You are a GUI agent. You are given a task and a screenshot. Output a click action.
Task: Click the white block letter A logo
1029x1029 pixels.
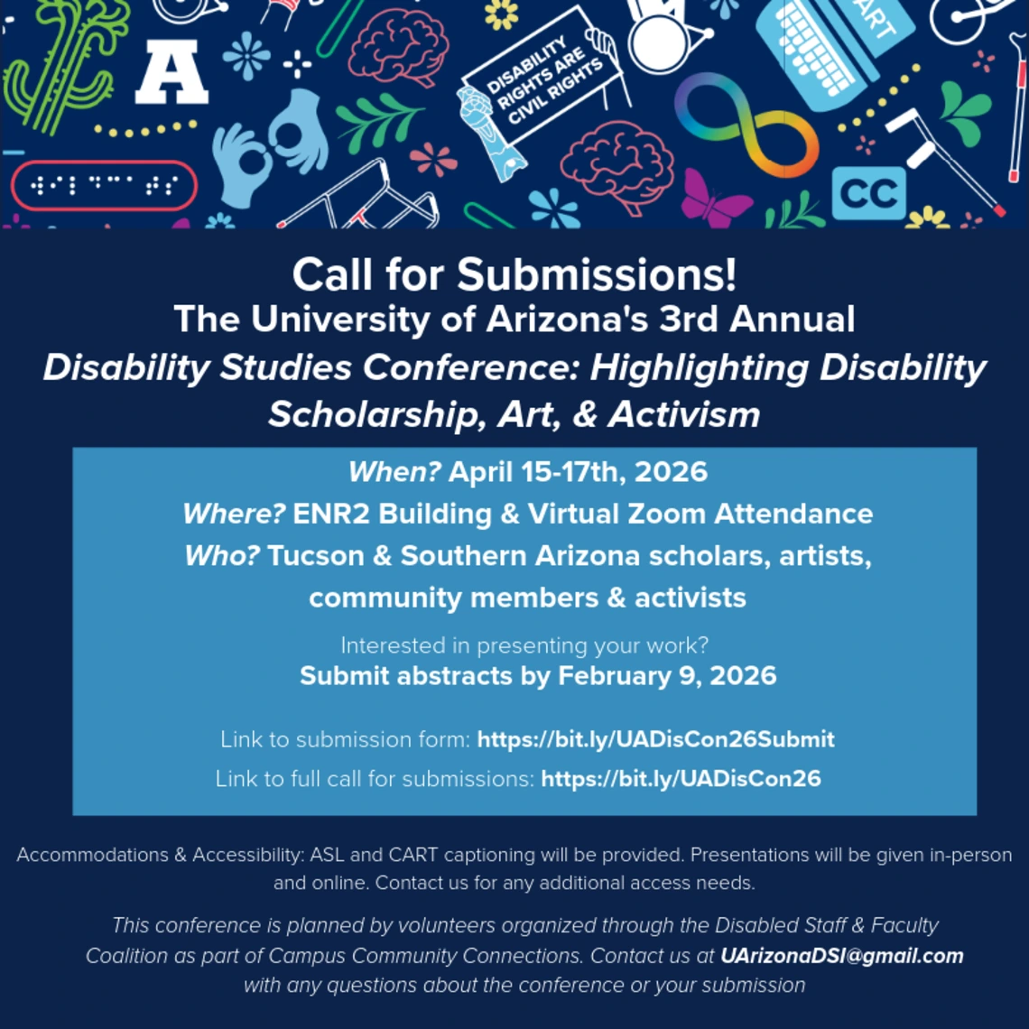[x=171, y=75]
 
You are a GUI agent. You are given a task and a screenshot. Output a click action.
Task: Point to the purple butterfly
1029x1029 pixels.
[x=715, y=199]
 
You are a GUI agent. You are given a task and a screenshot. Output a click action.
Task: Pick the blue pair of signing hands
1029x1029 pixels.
[x=271, y=149]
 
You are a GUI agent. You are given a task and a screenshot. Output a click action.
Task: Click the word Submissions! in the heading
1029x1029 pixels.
[x=597, y=274]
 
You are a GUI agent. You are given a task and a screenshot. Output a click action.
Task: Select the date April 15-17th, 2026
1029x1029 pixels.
[x=578, y=472]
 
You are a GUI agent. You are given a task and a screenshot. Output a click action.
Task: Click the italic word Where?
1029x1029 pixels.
[x=235, y=514]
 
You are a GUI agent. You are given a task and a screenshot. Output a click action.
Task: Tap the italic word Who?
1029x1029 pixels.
[x=223, y=555]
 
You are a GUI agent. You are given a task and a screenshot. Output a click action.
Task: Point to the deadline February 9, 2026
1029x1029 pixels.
[x=667, y=675]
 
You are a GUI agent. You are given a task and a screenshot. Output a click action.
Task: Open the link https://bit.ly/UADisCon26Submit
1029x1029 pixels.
[x=655, y=739]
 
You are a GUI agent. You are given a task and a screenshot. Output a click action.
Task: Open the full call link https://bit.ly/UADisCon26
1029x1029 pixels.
[x=681, y=778]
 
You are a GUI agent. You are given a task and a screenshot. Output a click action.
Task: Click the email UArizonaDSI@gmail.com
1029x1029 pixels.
[x=841, y=956]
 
